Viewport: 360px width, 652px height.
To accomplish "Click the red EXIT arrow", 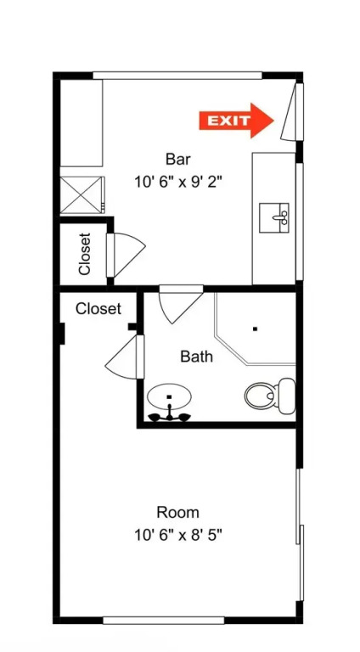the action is (236, 121).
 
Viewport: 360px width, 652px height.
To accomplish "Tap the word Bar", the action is (178, 160).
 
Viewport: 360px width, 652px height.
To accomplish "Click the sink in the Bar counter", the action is (274, 217).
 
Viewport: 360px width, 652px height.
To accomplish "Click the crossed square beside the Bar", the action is (82, 195).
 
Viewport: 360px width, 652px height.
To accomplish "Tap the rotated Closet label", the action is (84, 254).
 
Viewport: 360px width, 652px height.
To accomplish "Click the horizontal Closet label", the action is (98, 309).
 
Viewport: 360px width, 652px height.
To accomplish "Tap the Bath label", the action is (197, 357).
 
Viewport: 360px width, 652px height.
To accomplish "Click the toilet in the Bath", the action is (270, 396).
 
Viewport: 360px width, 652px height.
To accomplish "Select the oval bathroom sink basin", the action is (169, 396).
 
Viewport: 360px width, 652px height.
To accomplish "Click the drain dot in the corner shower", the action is (255, 329).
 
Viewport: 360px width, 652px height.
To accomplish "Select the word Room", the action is (178, 512).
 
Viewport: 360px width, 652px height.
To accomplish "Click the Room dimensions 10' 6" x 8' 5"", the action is (178, 535).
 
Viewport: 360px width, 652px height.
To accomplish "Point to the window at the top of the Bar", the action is (177, 76).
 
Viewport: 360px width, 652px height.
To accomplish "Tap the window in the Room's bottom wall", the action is (164, 621).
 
